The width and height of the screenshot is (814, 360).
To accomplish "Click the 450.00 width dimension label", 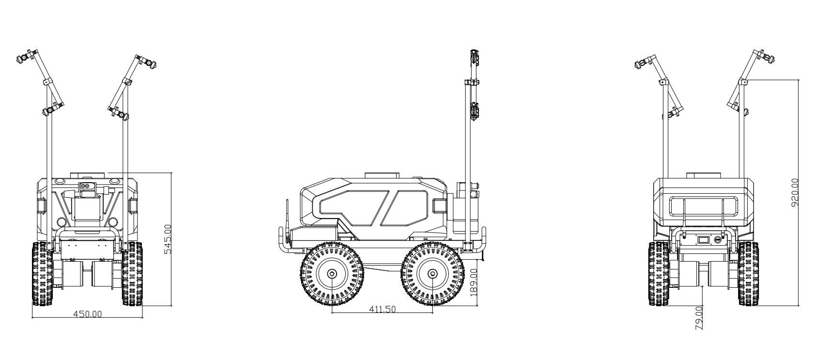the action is coord(88,314).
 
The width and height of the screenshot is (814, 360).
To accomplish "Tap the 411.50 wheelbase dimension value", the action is coord(382,309).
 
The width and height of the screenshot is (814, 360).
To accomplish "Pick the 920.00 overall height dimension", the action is coord(794,193).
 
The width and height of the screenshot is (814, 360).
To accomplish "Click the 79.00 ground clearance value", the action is coord(699,318).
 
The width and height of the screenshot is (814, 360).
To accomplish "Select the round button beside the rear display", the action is coord(718,240).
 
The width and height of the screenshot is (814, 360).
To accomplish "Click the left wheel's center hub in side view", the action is coord(332,274).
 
